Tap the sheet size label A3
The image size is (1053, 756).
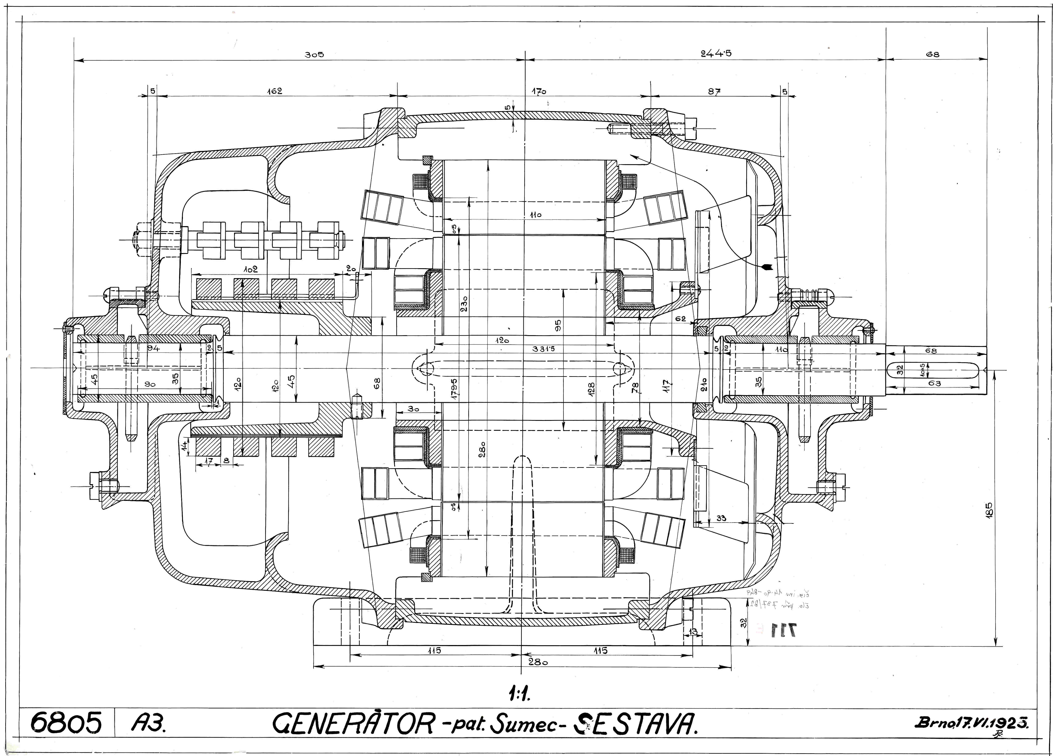tap(149, 723)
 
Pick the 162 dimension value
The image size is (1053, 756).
tap(274, 91)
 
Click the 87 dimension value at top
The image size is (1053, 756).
tap(714, 92)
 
